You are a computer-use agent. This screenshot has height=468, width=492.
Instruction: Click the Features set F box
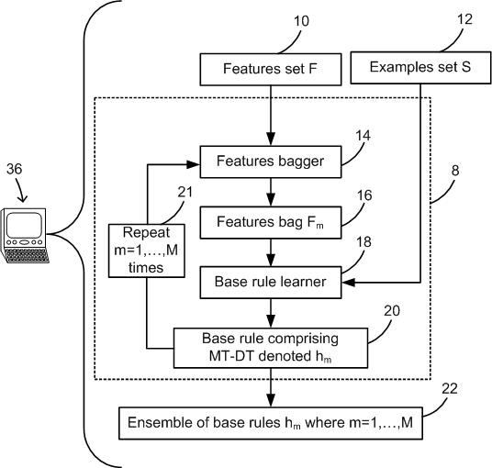[x=271, y=70]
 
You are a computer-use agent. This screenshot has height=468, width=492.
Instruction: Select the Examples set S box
[x=420, y=68]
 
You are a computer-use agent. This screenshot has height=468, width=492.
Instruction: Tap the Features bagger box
[x=271, y=162]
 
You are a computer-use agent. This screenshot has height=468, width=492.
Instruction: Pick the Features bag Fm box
[x=271, y=222]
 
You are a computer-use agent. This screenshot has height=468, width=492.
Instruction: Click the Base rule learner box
[x=271, y=283]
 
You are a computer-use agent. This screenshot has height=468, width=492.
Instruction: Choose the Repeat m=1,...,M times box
[x=147, y=251]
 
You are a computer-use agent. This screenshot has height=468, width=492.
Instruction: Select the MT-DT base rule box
[x=271, y=348]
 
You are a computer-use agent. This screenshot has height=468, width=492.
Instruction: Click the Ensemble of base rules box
[x=271, y=423]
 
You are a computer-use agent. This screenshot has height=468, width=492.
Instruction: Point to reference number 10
[x=302, y=21]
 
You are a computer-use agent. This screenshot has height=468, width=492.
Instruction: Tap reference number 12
[x=464, y=19]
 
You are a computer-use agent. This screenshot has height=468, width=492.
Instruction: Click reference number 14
[x=363, y=136]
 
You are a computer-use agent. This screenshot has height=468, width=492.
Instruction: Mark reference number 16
[x=364, y=195]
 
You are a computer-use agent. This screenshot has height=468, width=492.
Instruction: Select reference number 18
[x=363, y=242]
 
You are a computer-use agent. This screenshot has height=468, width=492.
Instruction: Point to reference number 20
[x=392, y=311]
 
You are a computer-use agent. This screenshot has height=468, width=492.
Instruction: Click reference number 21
[x=185, y=192]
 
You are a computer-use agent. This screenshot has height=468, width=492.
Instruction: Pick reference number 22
[x=450, y=389]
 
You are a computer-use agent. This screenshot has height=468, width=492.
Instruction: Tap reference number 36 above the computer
[x=15, y=169]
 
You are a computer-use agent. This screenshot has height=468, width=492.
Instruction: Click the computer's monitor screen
[x=24, y=225]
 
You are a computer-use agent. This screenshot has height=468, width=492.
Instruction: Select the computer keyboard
[x=27, y=255]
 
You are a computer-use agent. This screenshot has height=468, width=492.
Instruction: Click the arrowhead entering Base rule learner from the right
[x=349, y=283]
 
